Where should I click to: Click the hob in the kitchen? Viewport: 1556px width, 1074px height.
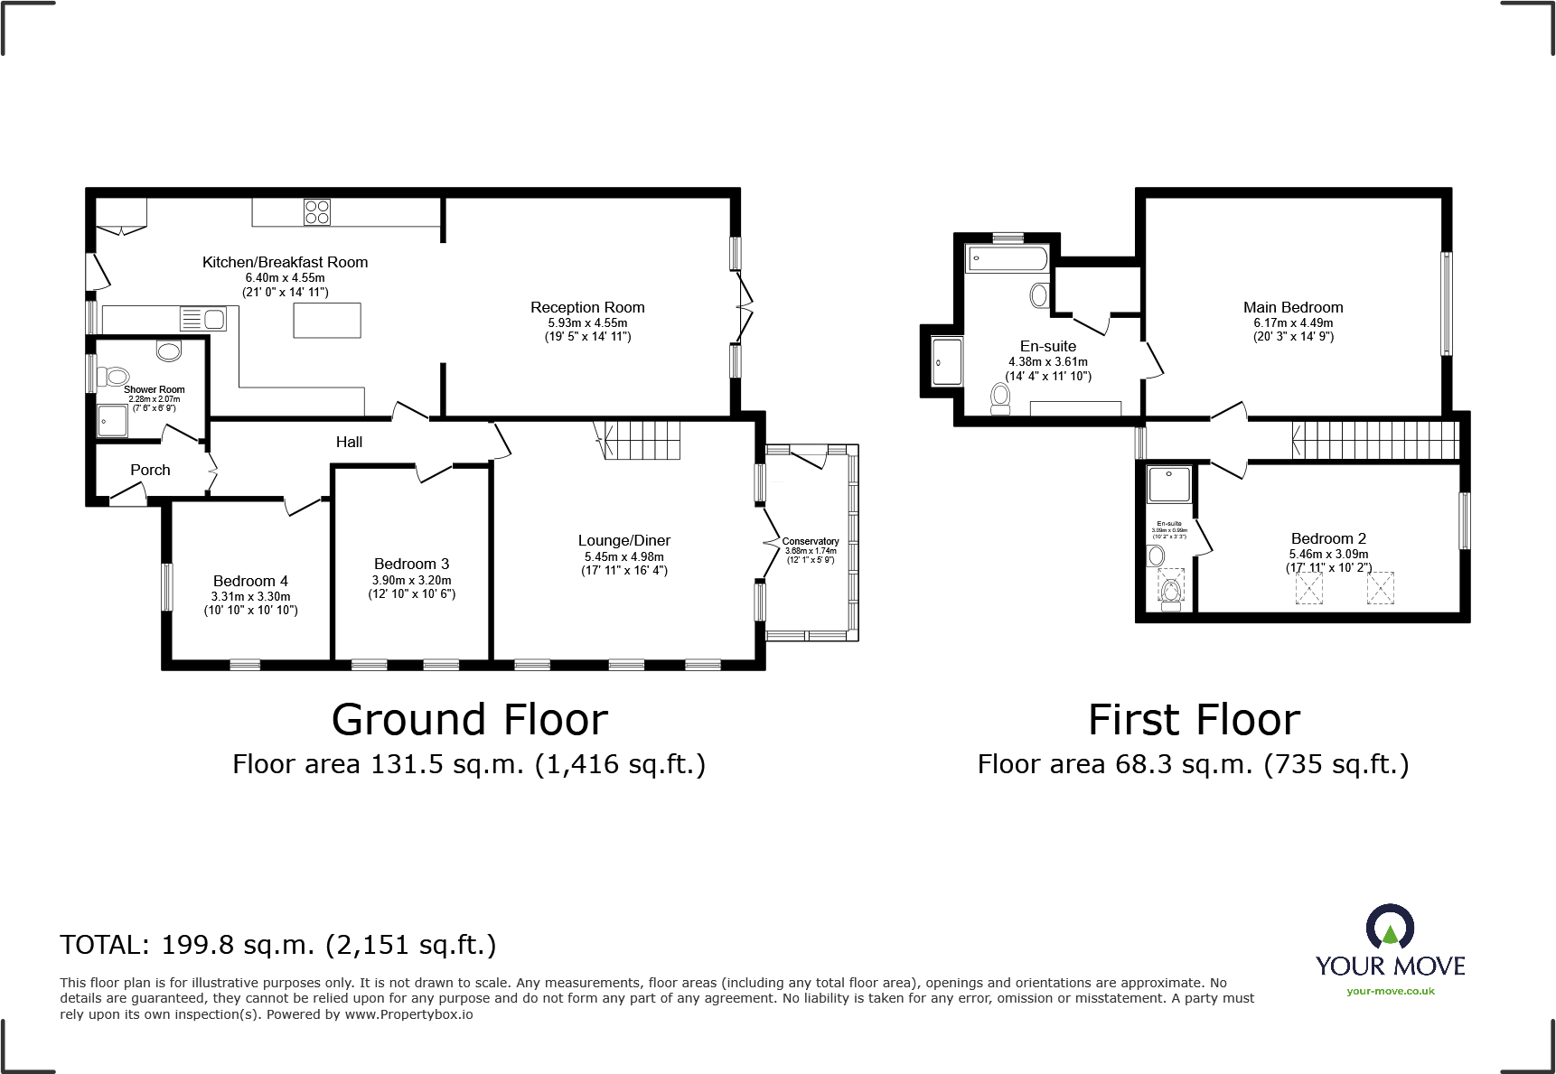(x=317, y=211)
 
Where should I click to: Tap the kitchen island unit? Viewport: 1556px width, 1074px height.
(x=327, y=321)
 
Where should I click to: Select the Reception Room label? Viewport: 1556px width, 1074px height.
(x=587, y=307)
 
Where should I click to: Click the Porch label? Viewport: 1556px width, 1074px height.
(x=150, y=470)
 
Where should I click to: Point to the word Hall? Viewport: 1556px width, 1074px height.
(x=349, y=442)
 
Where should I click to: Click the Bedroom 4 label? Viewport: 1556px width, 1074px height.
(x=250, y=581)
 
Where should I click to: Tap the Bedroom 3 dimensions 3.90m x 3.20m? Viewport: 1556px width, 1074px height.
(x=411, y=580)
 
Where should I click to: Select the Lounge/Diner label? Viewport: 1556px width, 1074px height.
(x=623, y=540)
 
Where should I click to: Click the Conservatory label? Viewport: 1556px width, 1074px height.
(x=811, y=541)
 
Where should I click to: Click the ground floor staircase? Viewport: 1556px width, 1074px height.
(x=642, y=439)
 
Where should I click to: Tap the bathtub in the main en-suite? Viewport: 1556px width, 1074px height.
(x=1007, y=258)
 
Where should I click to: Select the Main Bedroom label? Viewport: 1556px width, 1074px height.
(x=1292, y=307)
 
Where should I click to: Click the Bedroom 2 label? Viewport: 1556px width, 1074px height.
(x=1328, y=538)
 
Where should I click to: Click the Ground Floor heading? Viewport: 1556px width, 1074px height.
(x=469, y=720)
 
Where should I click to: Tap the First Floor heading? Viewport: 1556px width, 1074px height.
(x=1194, y=720)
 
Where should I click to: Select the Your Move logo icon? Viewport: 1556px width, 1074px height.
(x=1390, y=928)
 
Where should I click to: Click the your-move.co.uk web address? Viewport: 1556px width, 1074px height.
(x=1390, y=991)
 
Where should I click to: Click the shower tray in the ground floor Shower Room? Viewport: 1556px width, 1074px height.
(x=113, y=420)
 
